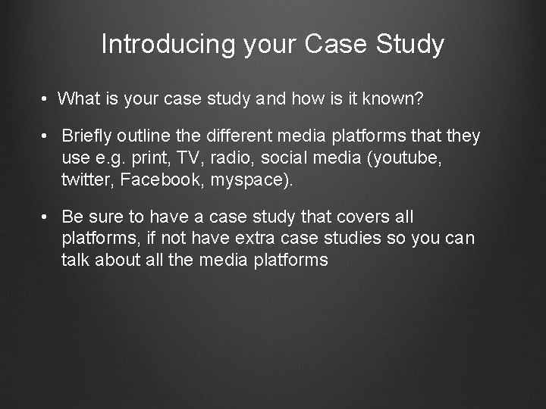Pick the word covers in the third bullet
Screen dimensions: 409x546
pyautogui.click(x=363, y=217)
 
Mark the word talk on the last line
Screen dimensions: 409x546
pyautogui.click(x=76, y=260)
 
